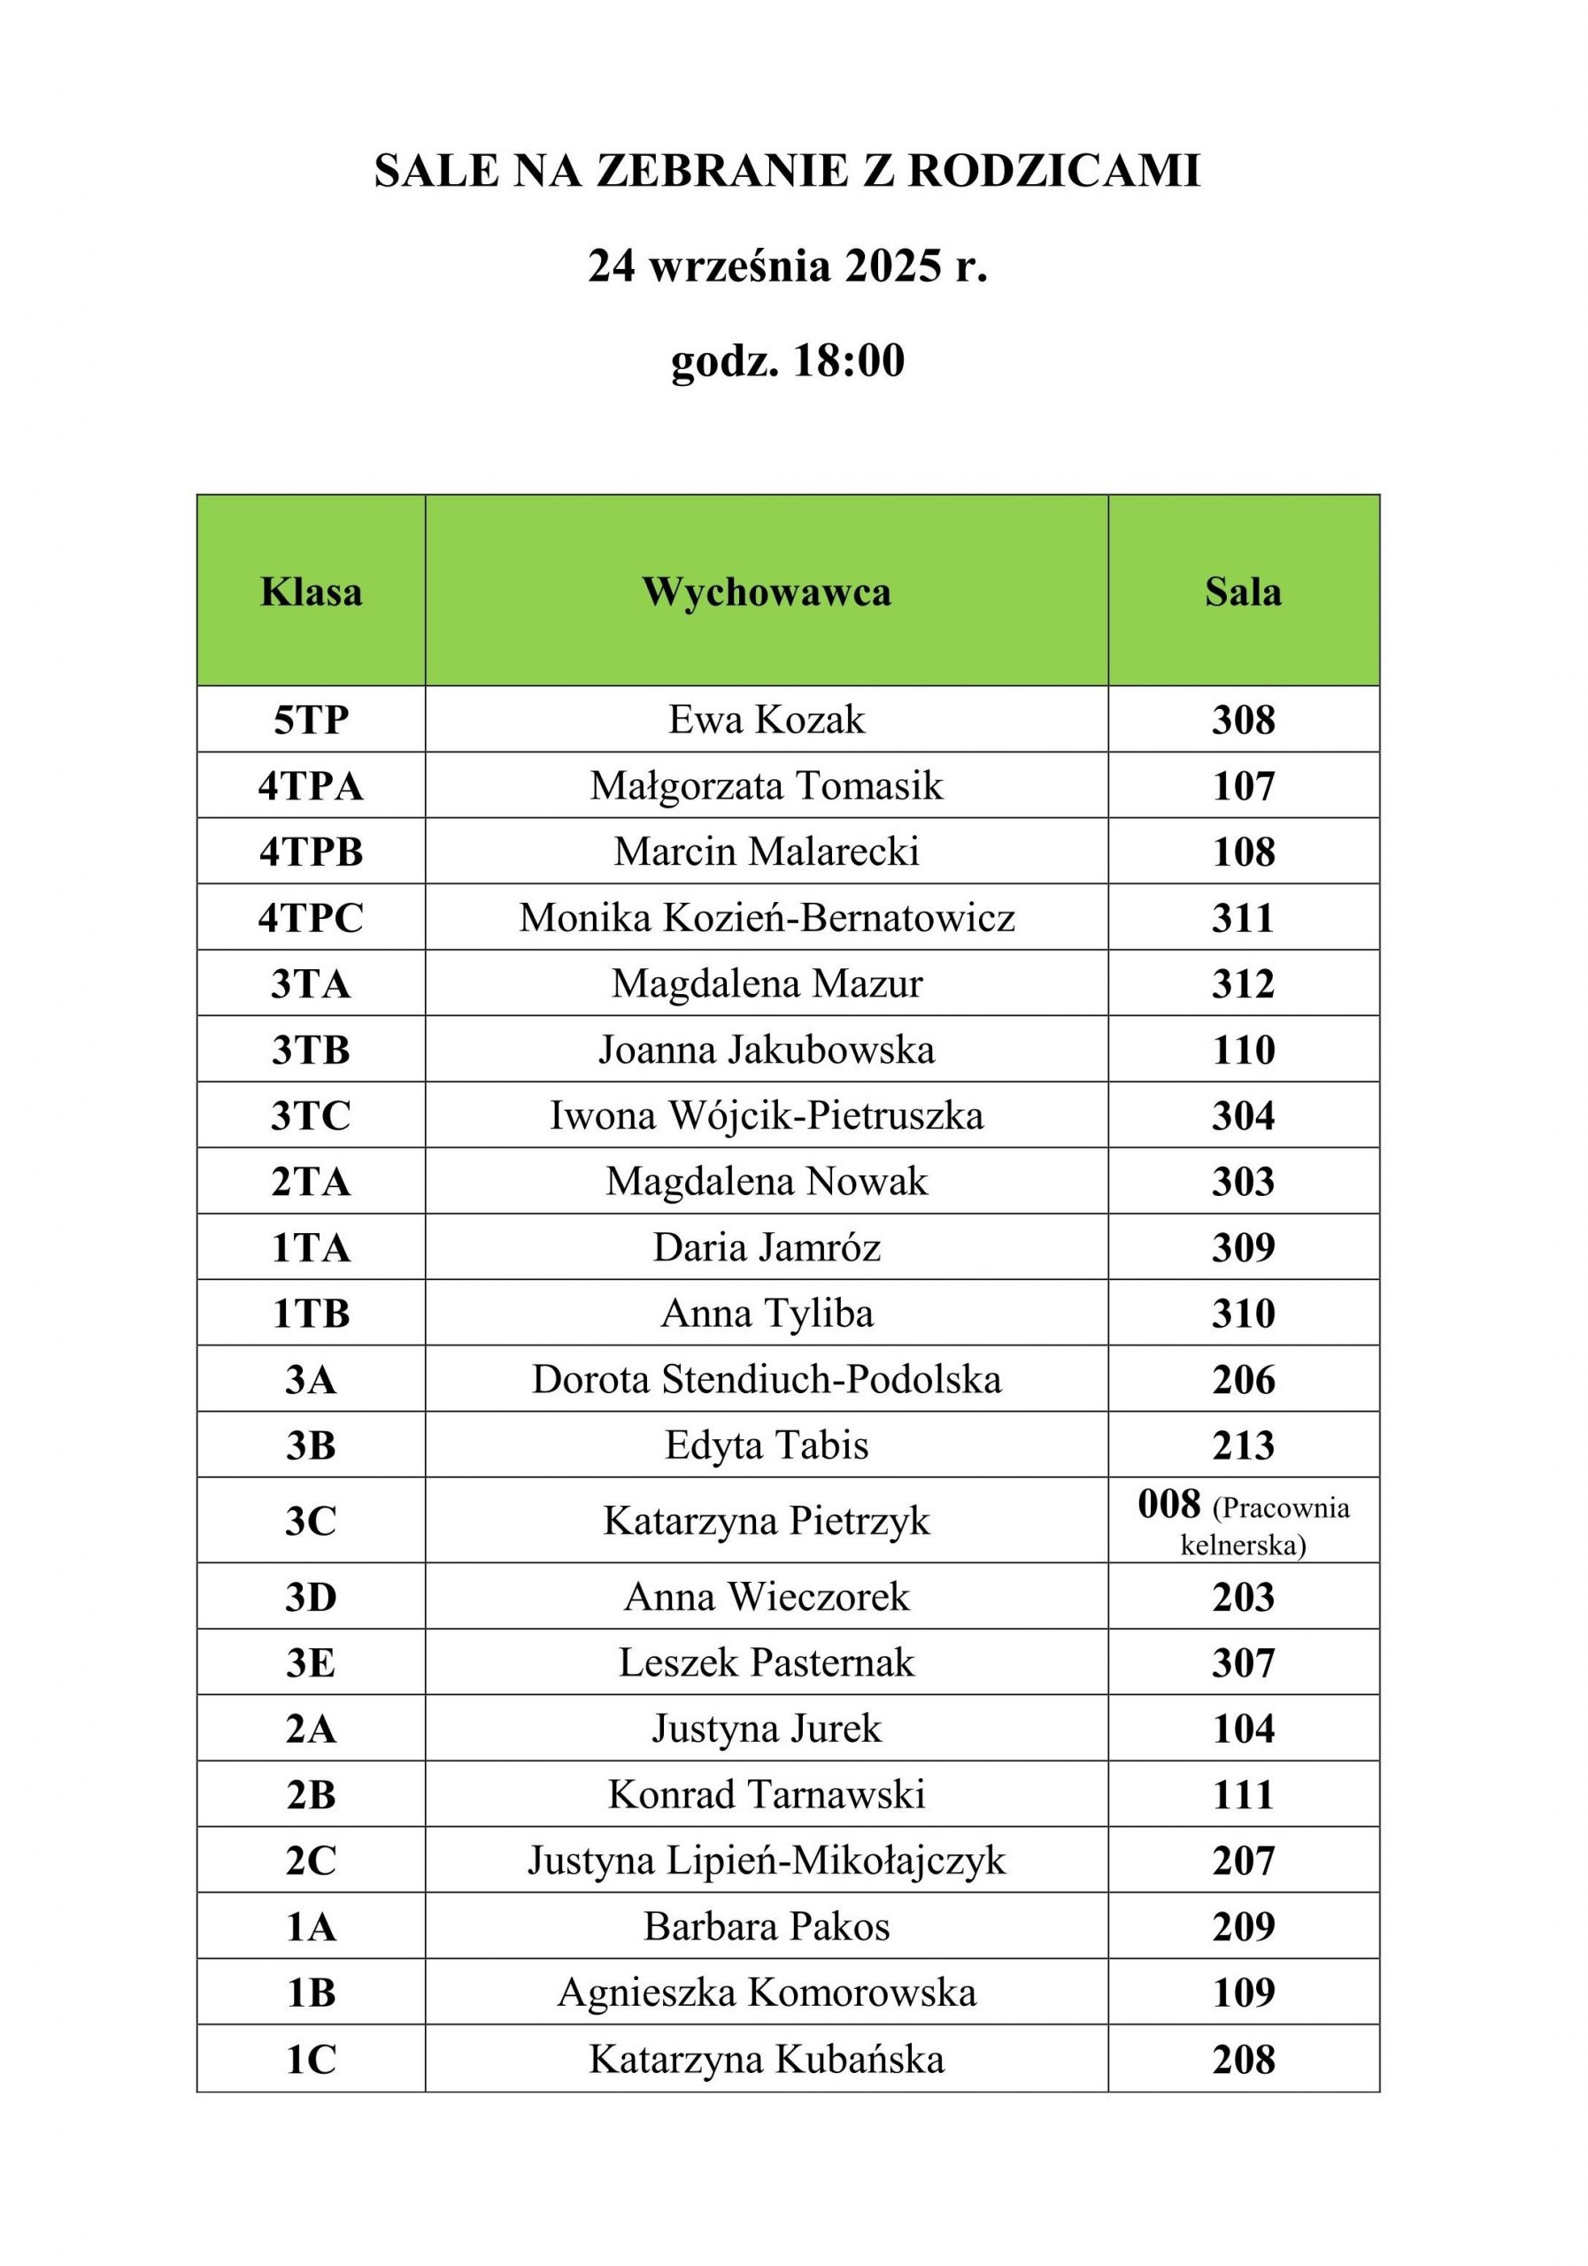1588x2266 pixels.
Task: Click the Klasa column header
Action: [311, 592]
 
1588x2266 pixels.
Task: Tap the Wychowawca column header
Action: [766, 592]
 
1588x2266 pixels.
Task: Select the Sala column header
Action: [1243, 592]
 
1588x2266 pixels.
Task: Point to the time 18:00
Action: [848, 361]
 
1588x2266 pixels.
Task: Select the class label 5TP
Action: [311, 721]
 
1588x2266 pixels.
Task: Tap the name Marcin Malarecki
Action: [766, 852]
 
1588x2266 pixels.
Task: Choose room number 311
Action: [1243, 918]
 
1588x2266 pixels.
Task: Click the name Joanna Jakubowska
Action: [766, 1049]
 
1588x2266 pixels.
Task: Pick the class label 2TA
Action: [311, 1182]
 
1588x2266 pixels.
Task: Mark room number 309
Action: [1243, 1247]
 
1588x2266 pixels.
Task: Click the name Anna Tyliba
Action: [766, 1314]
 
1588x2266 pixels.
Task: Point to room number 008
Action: [1168, 1504]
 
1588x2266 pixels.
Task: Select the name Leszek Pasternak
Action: [766, 1663]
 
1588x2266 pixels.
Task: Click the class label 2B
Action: [311, 1795]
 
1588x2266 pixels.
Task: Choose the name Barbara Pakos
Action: [766, 1926]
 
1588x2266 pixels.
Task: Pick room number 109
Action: [1243, 1992]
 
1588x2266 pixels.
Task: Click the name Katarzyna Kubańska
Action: [766, 2060]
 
